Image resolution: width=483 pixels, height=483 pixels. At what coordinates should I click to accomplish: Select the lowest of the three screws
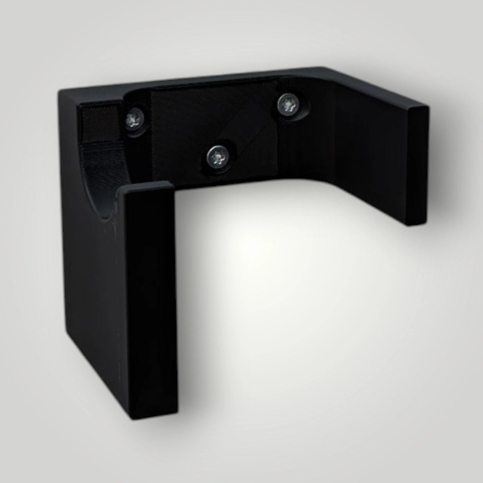point(218,157)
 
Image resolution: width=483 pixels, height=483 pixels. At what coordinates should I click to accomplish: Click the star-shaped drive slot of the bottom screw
point(218,157)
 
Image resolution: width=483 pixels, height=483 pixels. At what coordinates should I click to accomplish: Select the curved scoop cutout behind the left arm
point(101,179)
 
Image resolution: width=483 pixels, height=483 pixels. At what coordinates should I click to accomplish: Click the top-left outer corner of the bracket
point(60,92)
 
